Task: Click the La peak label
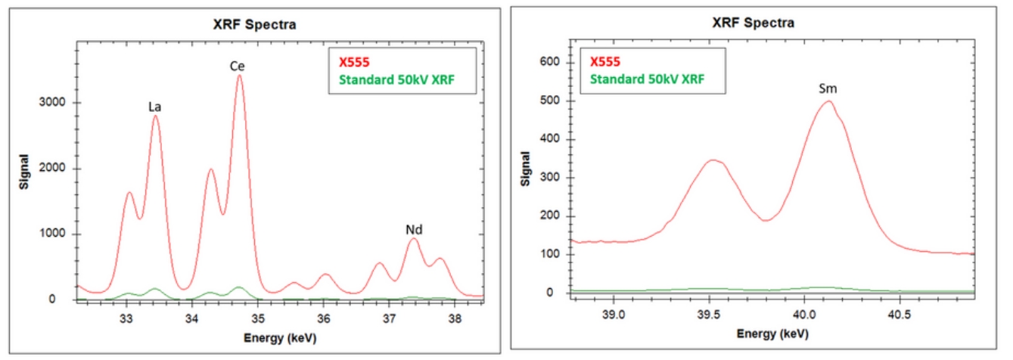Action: point(155,107)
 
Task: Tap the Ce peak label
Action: point(238,67)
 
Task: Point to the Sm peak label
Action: point(828,89)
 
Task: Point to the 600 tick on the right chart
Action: point(555,62)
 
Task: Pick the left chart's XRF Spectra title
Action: point(253,25)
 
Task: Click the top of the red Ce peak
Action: point(239,76)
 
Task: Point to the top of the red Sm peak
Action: point(828,101)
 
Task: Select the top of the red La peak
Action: point(156,116)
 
